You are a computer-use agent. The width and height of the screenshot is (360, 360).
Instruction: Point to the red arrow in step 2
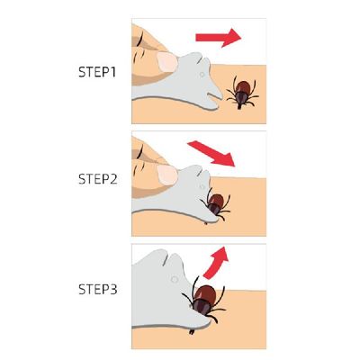(x=212, y=153)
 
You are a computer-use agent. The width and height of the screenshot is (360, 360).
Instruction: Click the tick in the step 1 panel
(x=241, y=91)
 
